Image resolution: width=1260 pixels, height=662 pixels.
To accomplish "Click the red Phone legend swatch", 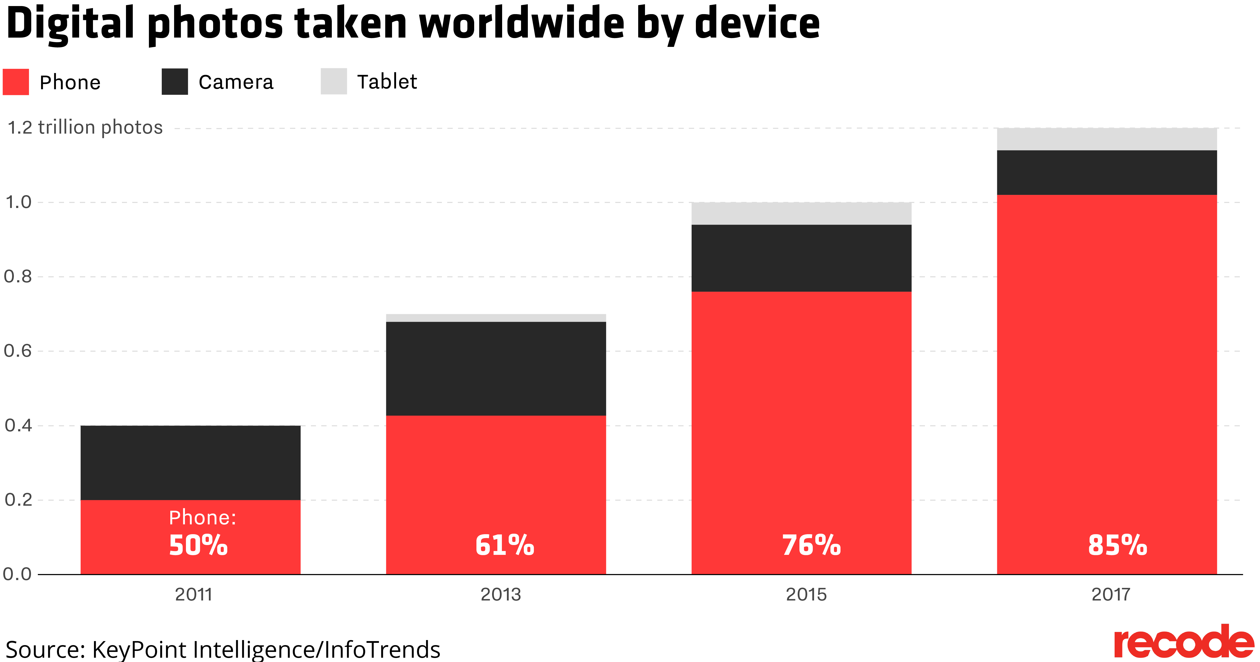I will tap(16, 82).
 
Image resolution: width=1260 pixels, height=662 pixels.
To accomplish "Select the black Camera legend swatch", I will tap(175, 82).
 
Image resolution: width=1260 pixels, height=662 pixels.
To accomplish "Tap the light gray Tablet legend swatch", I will tap(334, 81).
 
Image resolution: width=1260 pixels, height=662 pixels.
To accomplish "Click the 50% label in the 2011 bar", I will tap(198, 545).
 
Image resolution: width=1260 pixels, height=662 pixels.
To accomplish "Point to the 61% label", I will tap(504, 545).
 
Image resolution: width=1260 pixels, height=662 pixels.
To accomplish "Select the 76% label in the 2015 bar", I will tap(811, 545).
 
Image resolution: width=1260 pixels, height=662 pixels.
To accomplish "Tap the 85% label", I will tap(1117, 545).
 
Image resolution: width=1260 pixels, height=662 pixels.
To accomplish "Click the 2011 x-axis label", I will tap(194, 594).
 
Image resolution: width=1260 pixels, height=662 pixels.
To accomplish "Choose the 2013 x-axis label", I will tap(500, 594).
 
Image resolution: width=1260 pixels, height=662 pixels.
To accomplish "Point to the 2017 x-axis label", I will tap(1111, 594).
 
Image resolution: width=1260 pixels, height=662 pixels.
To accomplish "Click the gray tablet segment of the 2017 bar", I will tap(1106, 139).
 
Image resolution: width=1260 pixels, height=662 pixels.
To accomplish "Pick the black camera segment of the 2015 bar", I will tap(801, 258).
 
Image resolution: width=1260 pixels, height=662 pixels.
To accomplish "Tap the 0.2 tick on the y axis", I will tap(18, 500).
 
